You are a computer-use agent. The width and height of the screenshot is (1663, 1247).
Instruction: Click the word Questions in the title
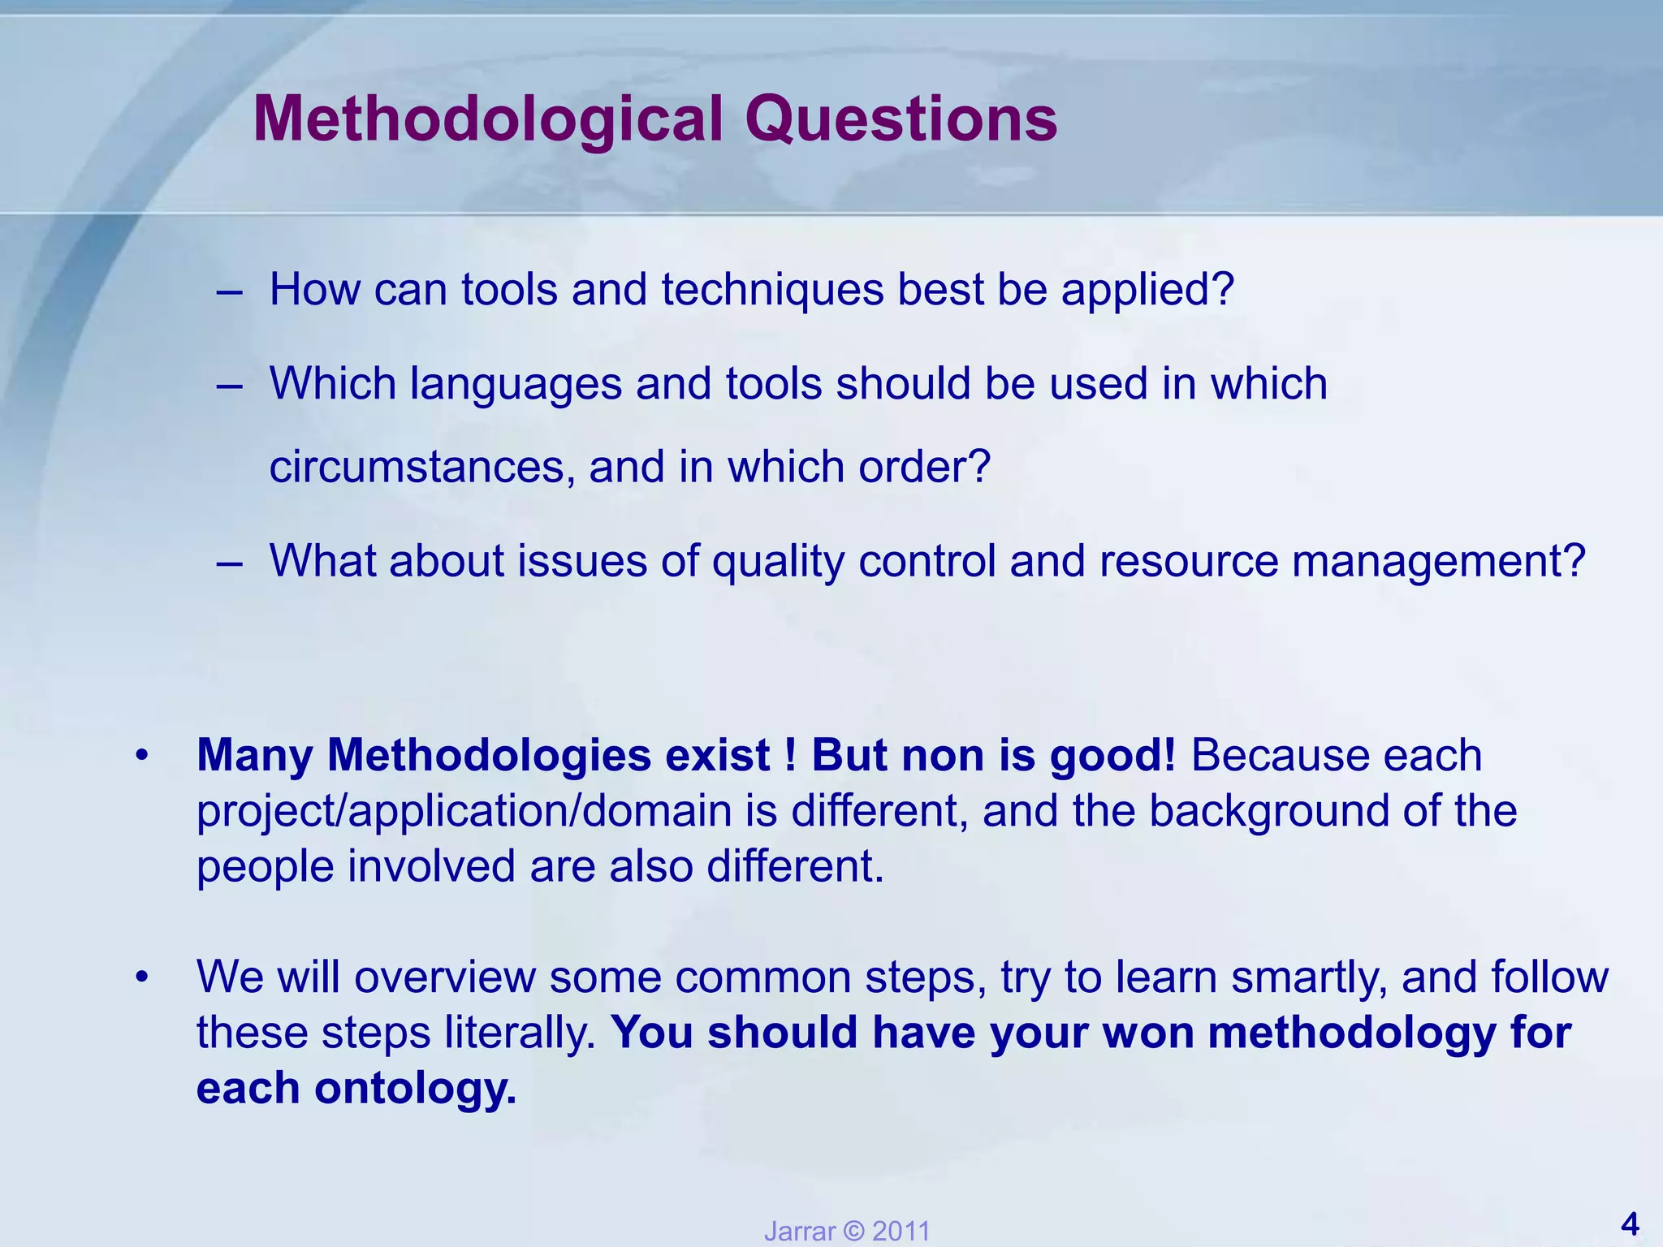(901, 120)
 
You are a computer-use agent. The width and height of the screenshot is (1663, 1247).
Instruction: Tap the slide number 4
(1629, 1223)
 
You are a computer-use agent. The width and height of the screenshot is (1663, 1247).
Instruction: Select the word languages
(516, 385)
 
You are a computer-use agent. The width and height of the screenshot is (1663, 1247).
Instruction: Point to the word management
(1437, 562)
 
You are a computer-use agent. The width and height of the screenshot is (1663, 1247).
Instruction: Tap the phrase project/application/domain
(464, 811)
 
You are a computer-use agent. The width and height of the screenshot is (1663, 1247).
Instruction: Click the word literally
(520, 1033)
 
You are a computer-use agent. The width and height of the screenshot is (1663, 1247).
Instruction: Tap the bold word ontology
(415, 1088)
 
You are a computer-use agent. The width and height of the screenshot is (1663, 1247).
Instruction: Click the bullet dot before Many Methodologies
(142, 756)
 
